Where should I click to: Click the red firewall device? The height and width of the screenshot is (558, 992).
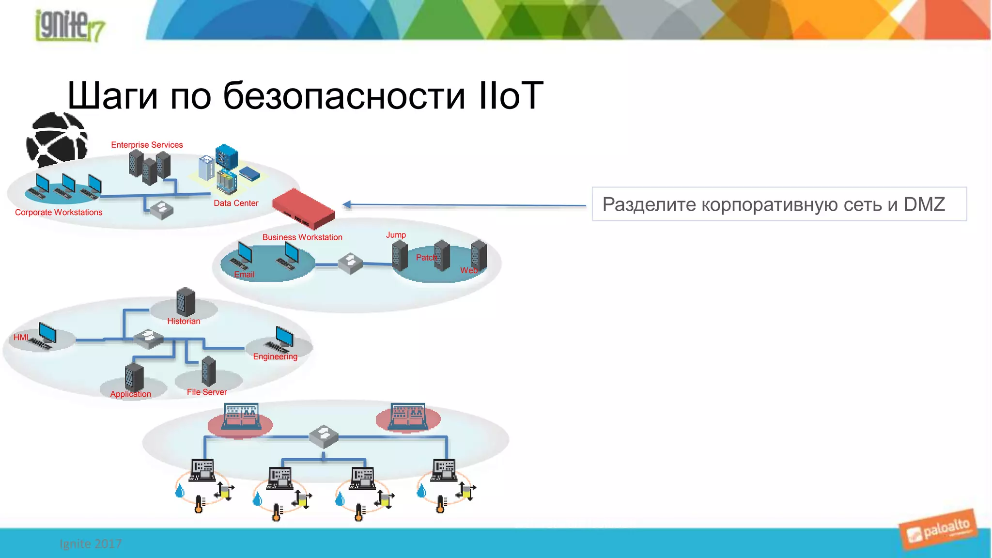pos(304,209)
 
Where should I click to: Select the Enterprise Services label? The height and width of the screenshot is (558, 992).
pos(147,145)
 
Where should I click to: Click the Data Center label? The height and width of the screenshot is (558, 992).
pos(236,203)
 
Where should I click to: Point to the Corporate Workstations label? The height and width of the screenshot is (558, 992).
pos(59,213)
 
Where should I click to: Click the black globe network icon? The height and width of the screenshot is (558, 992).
pos(57,140)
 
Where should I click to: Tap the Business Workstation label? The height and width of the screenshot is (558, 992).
pos(302,237)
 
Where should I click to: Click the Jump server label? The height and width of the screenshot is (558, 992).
pos(396,235)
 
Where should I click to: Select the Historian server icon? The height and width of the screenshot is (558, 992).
pos(186,302)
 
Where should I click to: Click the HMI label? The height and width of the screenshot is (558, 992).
pos(21,338)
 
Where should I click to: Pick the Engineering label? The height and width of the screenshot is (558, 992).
pos(275,357)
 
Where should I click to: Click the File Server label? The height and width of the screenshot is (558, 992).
pos(207,392)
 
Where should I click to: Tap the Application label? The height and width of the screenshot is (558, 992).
pos(130,394)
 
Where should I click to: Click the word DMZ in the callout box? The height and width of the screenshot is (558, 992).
pos(924,204)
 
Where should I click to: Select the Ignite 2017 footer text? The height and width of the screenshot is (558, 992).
pos(91,544)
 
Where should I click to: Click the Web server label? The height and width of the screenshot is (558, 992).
pos(468,271)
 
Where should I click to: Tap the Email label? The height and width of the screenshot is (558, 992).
pos(244,275)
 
